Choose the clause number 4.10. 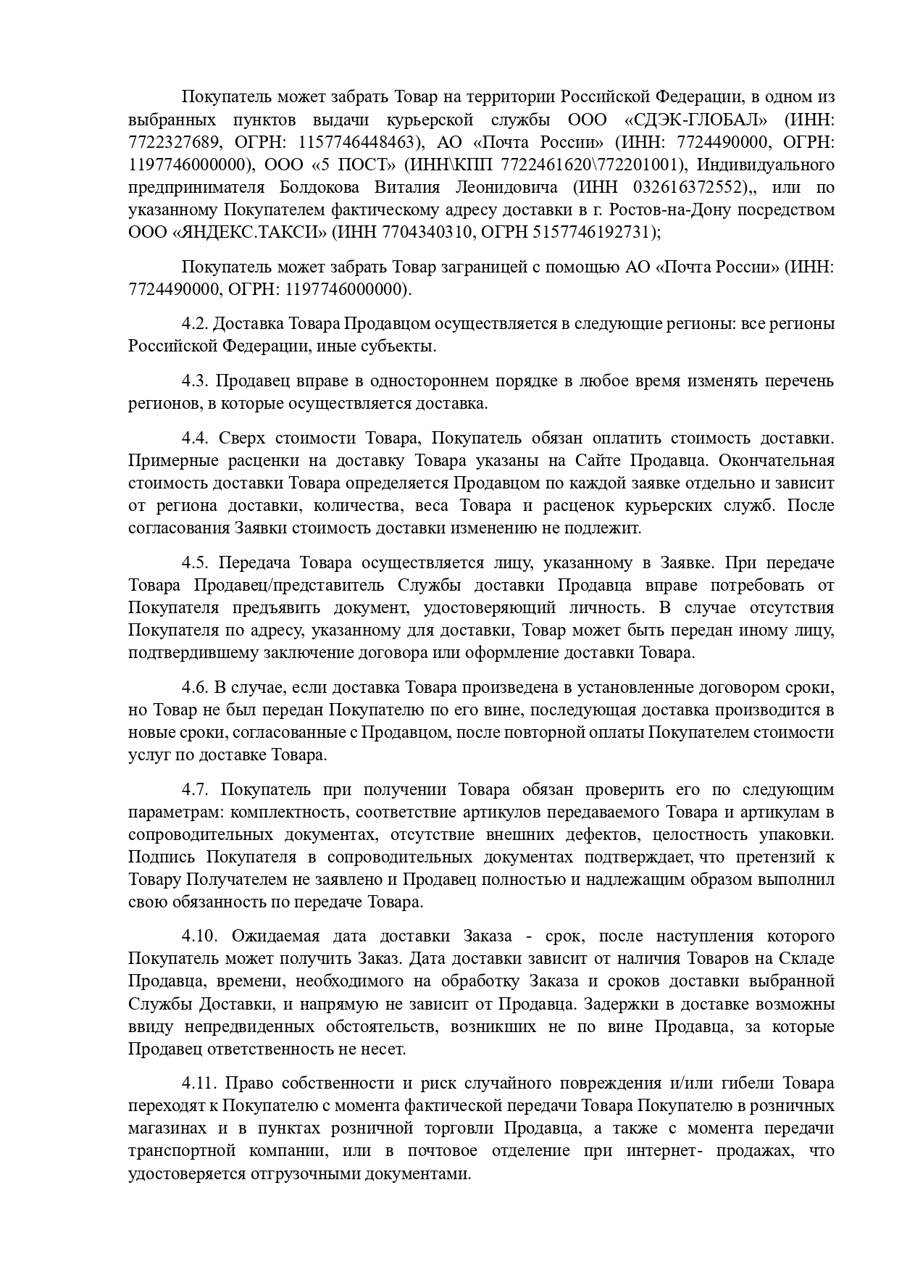199,936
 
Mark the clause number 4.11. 199,1084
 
